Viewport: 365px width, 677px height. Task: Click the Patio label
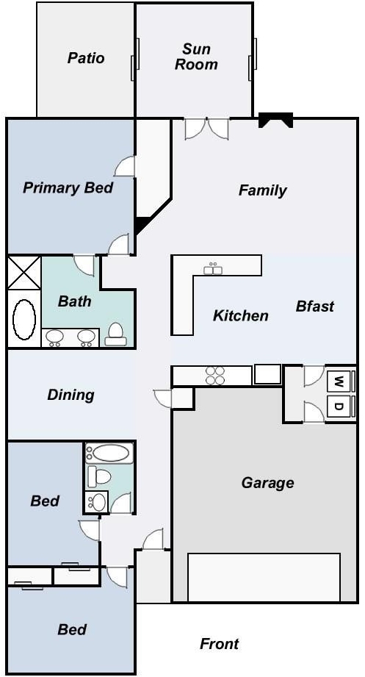point(86,58)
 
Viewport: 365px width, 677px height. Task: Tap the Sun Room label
point(196,57)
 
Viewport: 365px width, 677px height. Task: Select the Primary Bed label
point(68,188)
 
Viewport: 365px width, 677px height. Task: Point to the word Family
point(263,190)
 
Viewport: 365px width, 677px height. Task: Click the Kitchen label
point(241,315)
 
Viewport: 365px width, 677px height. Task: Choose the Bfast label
point(315,306)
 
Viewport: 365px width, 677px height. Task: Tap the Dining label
point(71,395)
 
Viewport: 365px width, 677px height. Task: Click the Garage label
point(267,482)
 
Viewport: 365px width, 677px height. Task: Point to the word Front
point(219,644)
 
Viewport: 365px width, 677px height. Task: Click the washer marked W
point(341,382)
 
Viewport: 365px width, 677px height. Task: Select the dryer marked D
point(341,406)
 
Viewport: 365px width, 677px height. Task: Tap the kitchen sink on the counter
point(213,269)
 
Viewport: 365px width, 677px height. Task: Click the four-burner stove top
point(215,376)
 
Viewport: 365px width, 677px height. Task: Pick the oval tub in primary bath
point(24,320)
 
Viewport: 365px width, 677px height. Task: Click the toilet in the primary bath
point(115,334)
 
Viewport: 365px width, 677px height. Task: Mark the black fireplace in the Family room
point(275,120)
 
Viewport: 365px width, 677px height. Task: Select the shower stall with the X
point(24,273)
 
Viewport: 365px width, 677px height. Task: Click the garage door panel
point(264,577)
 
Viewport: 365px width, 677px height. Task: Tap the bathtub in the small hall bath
point(110,453)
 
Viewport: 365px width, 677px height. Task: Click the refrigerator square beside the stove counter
point(267,374)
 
